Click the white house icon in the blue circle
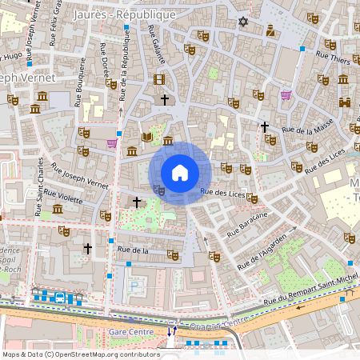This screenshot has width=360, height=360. point(180,172)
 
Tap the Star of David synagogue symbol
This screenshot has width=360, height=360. point(243,22)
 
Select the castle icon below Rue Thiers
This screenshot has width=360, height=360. point(345,102)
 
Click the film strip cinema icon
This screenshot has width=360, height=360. point(158,79)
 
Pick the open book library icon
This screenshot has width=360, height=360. point(146,138)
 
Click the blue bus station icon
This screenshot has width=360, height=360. point(60,298)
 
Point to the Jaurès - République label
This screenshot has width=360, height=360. point(123,14)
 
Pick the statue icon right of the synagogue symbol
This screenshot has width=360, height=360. point(270,31)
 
